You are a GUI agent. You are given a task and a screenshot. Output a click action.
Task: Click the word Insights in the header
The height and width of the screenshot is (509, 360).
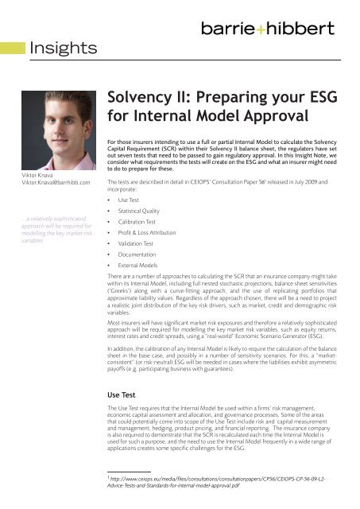(x=63, y=49)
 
